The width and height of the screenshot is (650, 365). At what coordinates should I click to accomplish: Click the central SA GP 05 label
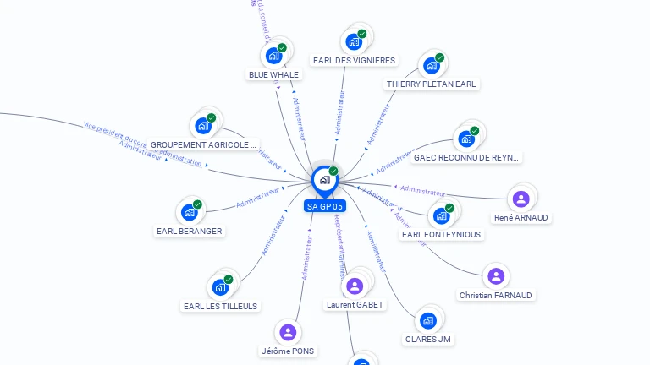click(x=325, y=206)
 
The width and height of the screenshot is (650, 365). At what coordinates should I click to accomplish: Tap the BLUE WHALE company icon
click(x=273, y=56)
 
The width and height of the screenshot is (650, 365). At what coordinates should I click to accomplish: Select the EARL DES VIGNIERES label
click(x=354, y=61)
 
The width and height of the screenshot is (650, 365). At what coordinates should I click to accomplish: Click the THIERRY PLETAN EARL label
click(x=432, y=84)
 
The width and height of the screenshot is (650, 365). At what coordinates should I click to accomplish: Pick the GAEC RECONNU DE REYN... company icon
click(x=466, y=139)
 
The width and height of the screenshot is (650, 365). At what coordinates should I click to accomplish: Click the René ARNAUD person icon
click(x=521, y=199)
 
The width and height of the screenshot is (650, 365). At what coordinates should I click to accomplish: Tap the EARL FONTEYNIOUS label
click(x=441, y=234)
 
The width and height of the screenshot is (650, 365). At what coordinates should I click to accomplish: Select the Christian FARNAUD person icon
click(x=496, y=276)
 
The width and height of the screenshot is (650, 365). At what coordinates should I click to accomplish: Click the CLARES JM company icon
click(x=427, y=321)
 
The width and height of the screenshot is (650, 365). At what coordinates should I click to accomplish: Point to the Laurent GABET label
click(x=355, y=305)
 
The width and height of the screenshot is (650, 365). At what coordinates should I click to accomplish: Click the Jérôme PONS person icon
click(x=288, y=332)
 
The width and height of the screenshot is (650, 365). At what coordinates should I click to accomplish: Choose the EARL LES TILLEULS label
click(x=221, y=306)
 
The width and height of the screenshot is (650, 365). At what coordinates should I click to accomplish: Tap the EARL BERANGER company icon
click(x=189, y=212)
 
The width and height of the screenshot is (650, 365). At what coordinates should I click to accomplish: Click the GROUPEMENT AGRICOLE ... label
click(x=203, y=144)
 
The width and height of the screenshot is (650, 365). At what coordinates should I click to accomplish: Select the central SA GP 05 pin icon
click(x=324, y=180)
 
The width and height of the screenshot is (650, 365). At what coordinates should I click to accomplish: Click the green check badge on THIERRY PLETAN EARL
click(x=440, y=57)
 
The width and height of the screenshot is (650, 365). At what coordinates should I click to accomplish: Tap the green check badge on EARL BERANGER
click(x=197, y=204)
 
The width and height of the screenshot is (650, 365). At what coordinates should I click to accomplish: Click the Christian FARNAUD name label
click(x=496, y=296)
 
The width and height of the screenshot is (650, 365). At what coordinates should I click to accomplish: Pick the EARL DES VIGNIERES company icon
click(x=354, y=41)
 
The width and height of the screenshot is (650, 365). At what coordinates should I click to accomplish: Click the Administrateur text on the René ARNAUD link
click(x=423, y=189)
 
